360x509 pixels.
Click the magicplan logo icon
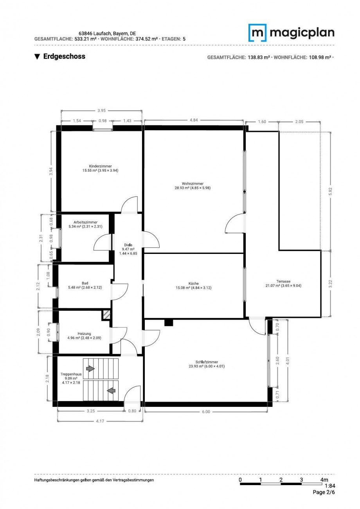click(x=257, y=32)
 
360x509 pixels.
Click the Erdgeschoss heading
click(x=60, y=57)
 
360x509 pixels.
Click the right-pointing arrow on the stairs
click(x=90, y=369)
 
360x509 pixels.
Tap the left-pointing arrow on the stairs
click(x=111, y=390)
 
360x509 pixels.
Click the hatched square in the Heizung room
click(x=106, y=315)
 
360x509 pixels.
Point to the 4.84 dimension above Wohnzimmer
click(x=193, y=121)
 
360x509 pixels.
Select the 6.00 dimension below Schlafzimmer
click(x=206, y=412)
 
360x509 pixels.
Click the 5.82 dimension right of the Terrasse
click(x=331, y=191)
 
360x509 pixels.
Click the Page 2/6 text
click(x=324, y=493)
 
